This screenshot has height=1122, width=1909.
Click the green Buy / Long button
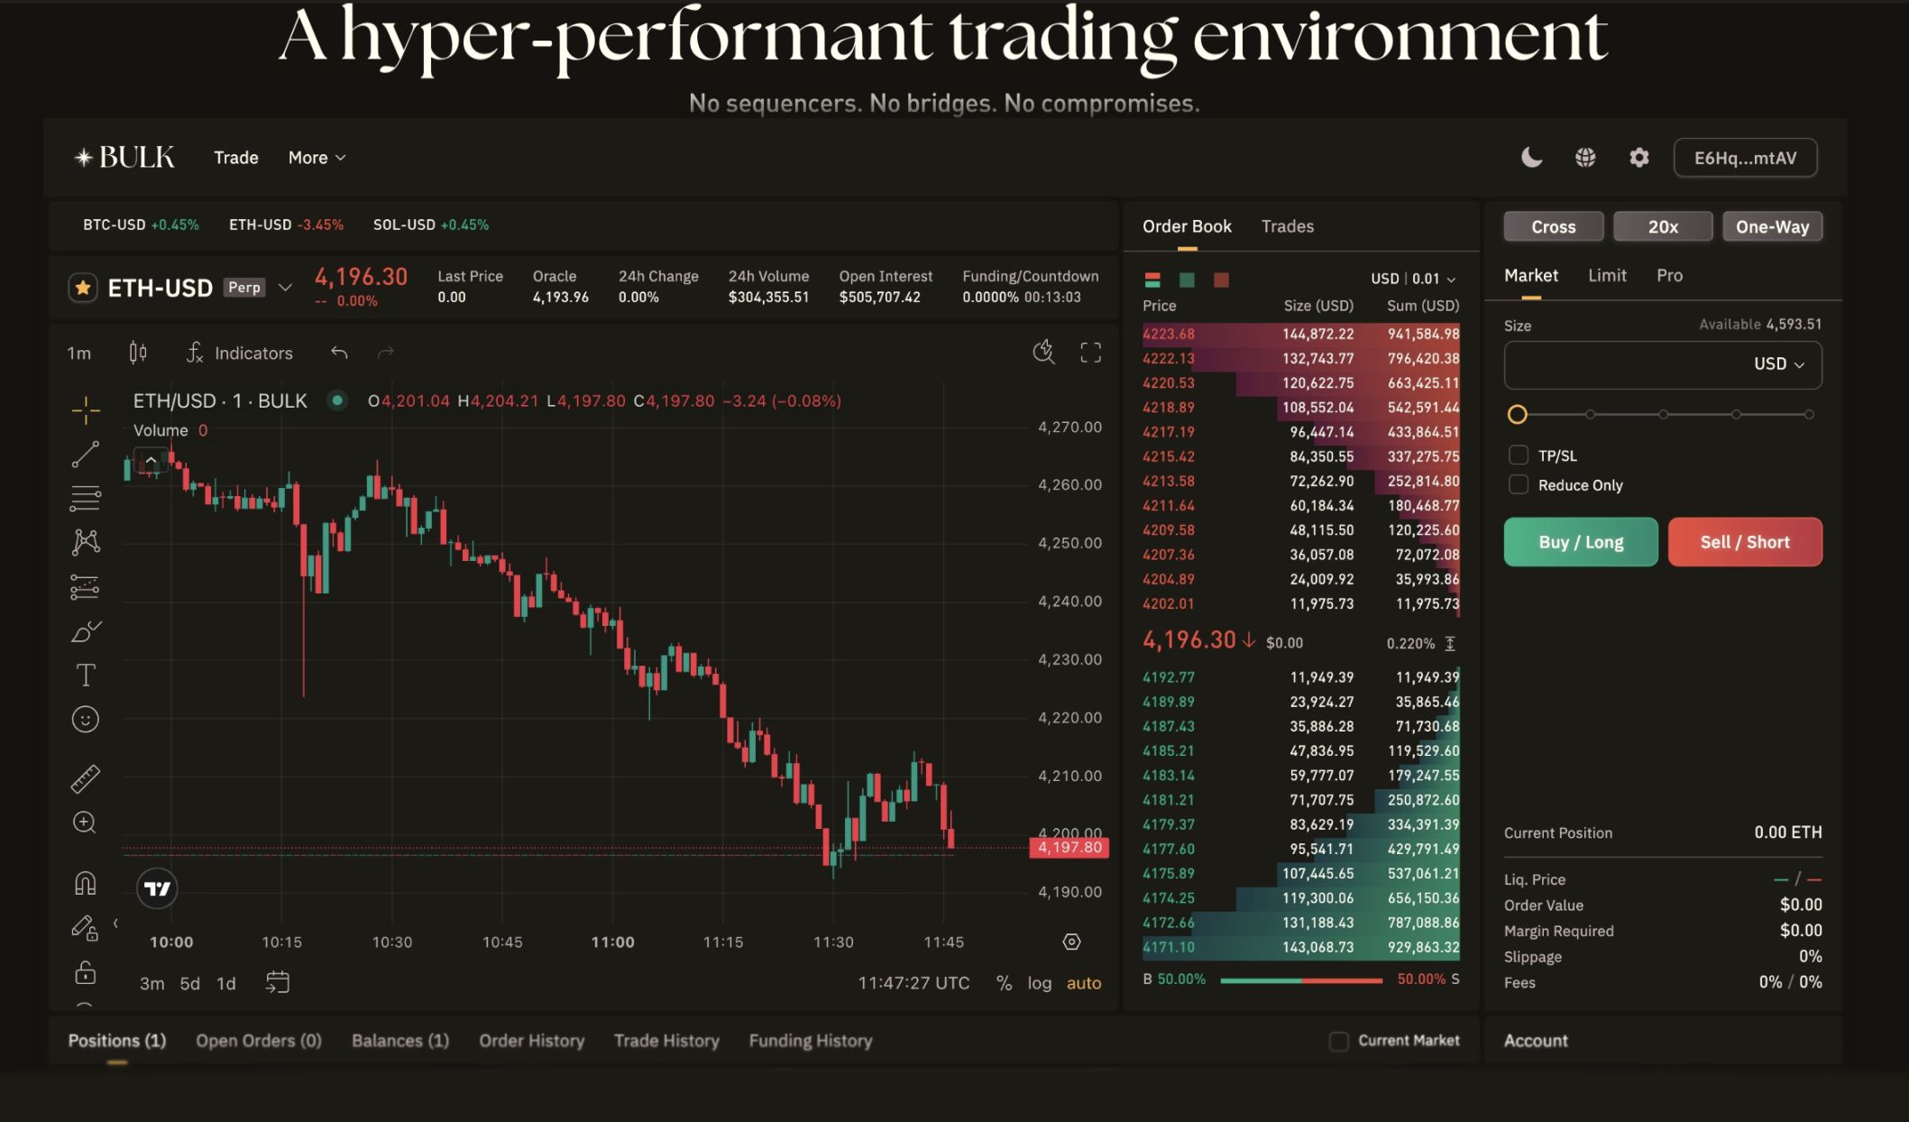point(1580,542)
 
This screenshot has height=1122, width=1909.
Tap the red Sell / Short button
point(1744,542)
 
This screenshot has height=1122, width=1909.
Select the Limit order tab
point(1607,276)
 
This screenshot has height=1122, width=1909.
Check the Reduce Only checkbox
point(1519,485)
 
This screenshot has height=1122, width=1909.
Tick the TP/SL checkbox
point(1519,455)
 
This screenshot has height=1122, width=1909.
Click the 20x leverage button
point(1662,226)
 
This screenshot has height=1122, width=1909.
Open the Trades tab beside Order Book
point(1287,226)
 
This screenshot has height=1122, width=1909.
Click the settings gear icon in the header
point(1638,158)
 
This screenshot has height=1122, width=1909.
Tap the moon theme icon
point(1531,158)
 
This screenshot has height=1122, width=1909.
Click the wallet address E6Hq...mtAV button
point(1745,158)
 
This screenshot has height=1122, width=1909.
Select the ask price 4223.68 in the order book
point(1168,334)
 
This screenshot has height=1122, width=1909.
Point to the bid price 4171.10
point(1168,947)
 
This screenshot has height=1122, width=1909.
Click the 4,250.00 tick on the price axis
point(1069,543)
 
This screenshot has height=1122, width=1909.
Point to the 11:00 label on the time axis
point(612,942)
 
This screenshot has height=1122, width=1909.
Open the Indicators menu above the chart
point(240,353)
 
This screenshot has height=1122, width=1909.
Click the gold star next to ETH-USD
point(83,288)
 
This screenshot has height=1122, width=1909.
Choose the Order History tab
point(531,1041)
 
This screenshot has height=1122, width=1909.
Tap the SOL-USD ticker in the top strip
point(404,225)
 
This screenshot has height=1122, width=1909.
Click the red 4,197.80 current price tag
point(1069,848)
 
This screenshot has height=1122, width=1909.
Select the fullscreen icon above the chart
point(1090,353)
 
